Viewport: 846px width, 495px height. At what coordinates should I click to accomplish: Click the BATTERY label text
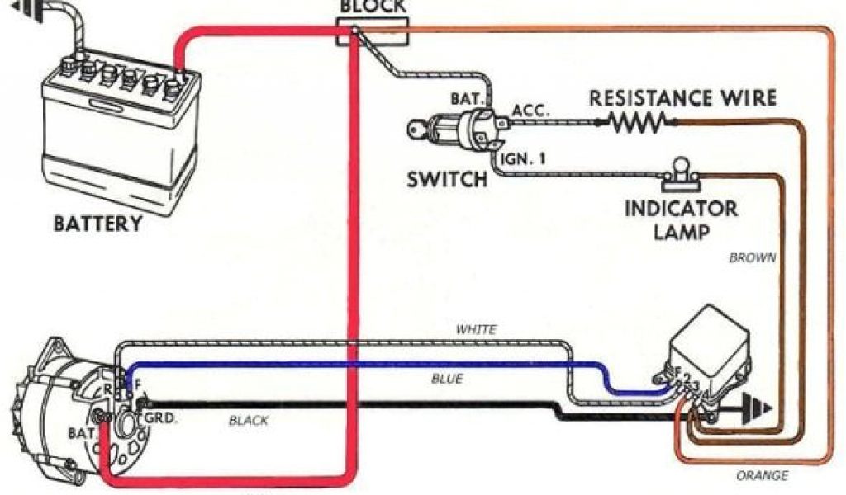97,224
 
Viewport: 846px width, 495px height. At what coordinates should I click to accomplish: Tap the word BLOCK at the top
373,7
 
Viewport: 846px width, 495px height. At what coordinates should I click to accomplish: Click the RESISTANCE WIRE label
682,98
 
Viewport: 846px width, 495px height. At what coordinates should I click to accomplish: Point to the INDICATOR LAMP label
681,219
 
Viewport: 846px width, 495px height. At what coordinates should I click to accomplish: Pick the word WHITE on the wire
477,330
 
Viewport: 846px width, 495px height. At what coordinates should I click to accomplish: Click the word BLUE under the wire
447,379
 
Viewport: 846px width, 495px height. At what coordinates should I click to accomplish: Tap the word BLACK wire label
249,421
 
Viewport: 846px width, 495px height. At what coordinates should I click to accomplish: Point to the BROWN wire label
752,257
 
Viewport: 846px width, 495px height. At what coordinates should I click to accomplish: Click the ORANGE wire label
761,476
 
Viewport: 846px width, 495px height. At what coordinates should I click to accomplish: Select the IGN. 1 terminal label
523,158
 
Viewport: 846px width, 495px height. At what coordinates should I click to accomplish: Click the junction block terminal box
353,33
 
